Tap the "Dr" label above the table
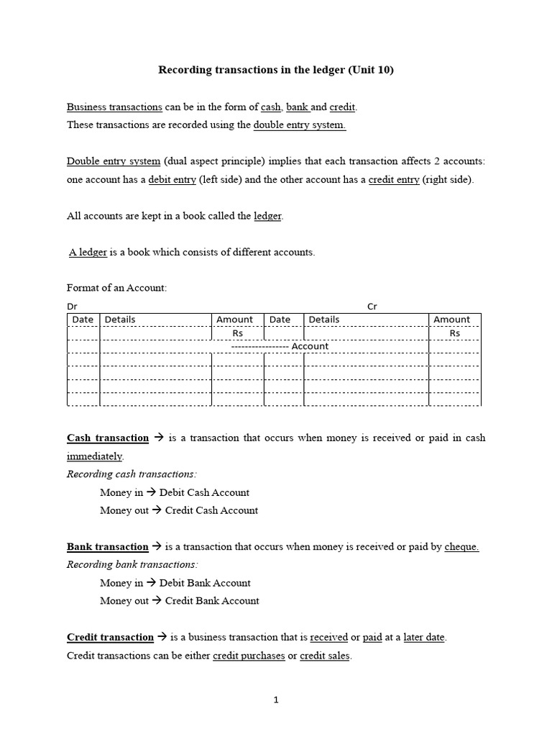(72, 307)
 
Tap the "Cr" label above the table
(372, 307)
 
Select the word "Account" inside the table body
(310, 346)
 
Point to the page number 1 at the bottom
(275, 699)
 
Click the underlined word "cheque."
(461, 547)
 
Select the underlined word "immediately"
(95, 456)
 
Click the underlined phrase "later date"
(424, 637)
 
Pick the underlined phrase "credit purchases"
(249, 656)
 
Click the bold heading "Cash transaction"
(108, 438)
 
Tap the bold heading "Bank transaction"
(107, 547)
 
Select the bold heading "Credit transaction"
(110, 637)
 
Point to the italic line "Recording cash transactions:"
(131, 474)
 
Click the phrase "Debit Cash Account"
(204, 493)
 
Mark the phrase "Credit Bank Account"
(212, 601)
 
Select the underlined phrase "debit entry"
(172, 180)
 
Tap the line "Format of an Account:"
(116, 288)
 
